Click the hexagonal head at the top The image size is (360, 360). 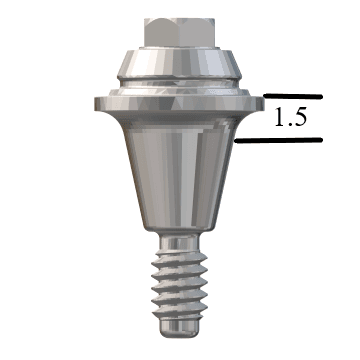(179, 32)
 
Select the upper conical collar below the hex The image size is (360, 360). (179, 63)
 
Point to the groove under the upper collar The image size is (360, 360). (179, 83)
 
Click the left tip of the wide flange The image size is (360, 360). (95, 104)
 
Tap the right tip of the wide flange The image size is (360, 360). (263, 104)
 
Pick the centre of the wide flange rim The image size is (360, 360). (179, 104)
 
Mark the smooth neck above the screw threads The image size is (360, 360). (179, 242)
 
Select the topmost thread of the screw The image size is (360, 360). (179, 258)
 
